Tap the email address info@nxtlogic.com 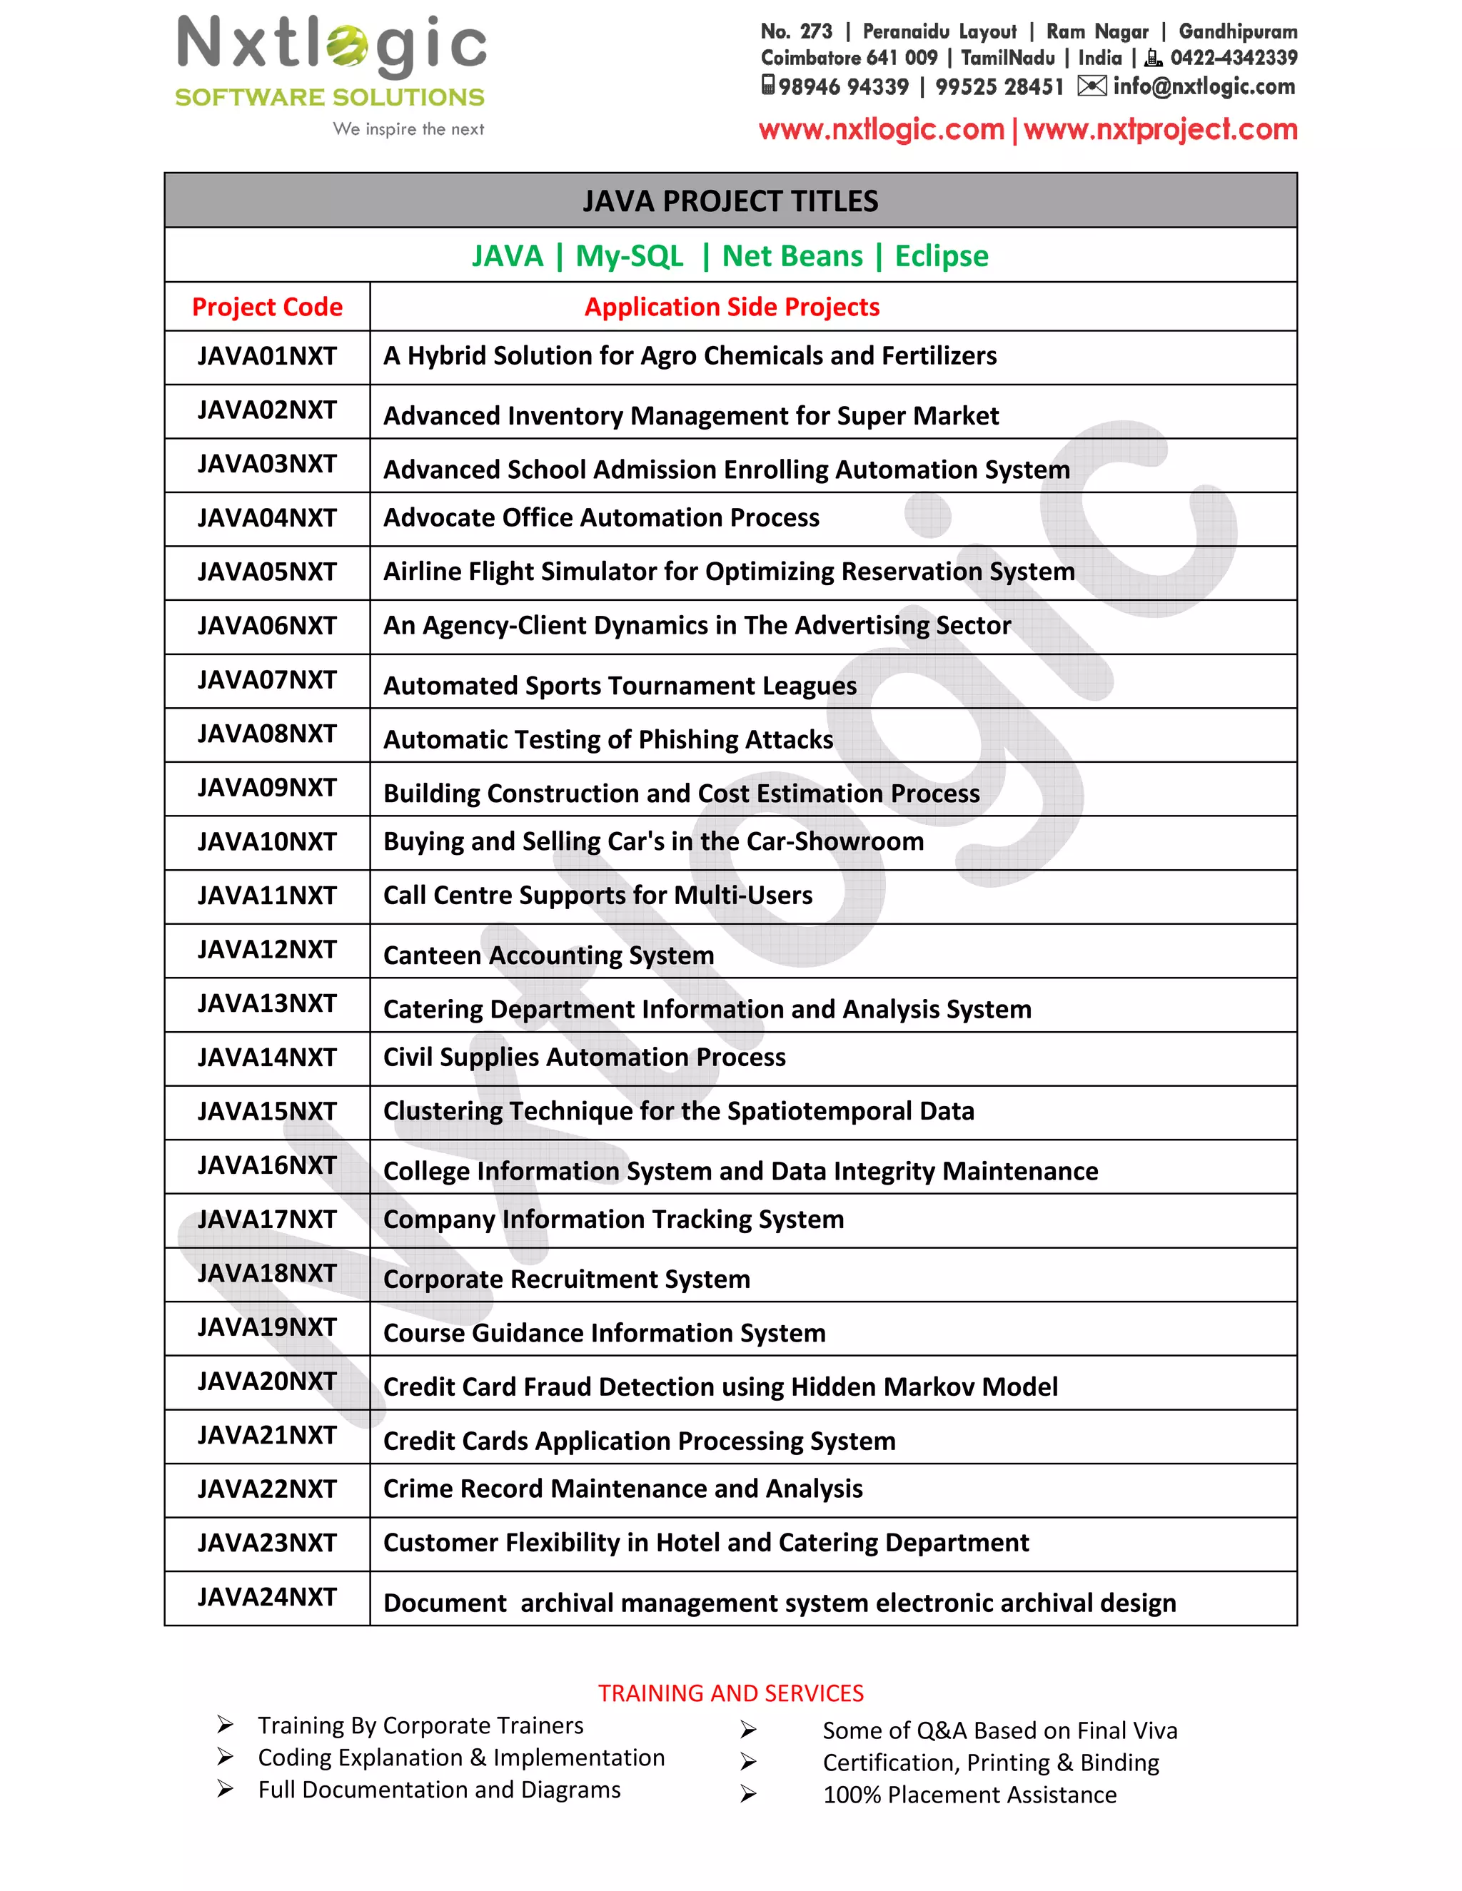[1204, 86]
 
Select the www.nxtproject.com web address [1161, 130]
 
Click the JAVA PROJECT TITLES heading [730, 201]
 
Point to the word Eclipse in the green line [942, 256]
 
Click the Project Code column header [267, 308]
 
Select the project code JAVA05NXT [267, 572]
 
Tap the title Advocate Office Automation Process [601, 518]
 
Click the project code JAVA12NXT [267, 950]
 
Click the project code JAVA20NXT [267, 1381]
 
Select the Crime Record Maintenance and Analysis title [622, 1489]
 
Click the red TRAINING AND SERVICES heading [730, 1693]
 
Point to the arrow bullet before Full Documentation [225, 1789]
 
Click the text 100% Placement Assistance [969, 1795]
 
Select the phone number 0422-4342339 [1234, 58]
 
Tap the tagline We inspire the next [408, 129]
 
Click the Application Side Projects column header [732, 308]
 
